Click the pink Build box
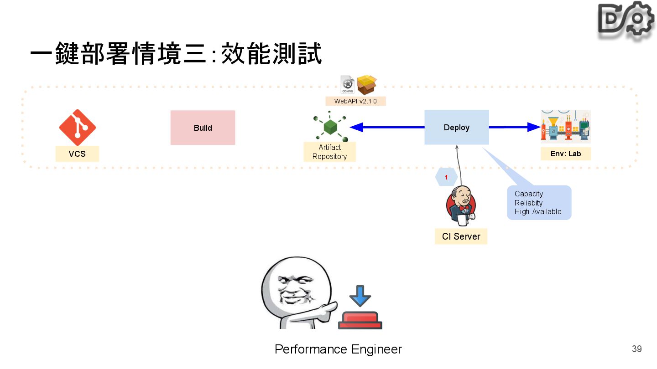tap(203, 128)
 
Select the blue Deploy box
tap(457, 128)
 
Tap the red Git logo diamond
tap(78, 128)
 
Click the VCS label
tap(77, 154)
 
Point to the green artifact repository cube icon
tap(330, 126)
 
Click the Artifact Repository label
tap(330, 152)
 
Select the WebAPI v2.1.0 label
tap(355, 101)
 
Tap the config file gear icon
tap(348, 84)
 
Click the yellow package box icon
tap(367, 85)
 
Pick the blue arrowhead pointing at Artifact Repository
tap(357, 127)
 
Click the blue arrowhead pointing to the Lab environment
tap(534, 127)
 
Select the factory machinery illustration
tap(566, 127)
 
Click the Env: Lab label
tap(566, 154)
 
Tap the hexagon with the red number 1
tap(446, 177)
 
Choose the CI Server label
tap(461, 236)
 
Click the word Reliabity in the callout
tap(528, 203)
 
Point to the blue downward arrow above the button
tap(360, 296)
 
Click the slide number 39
tap(637, 349)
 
